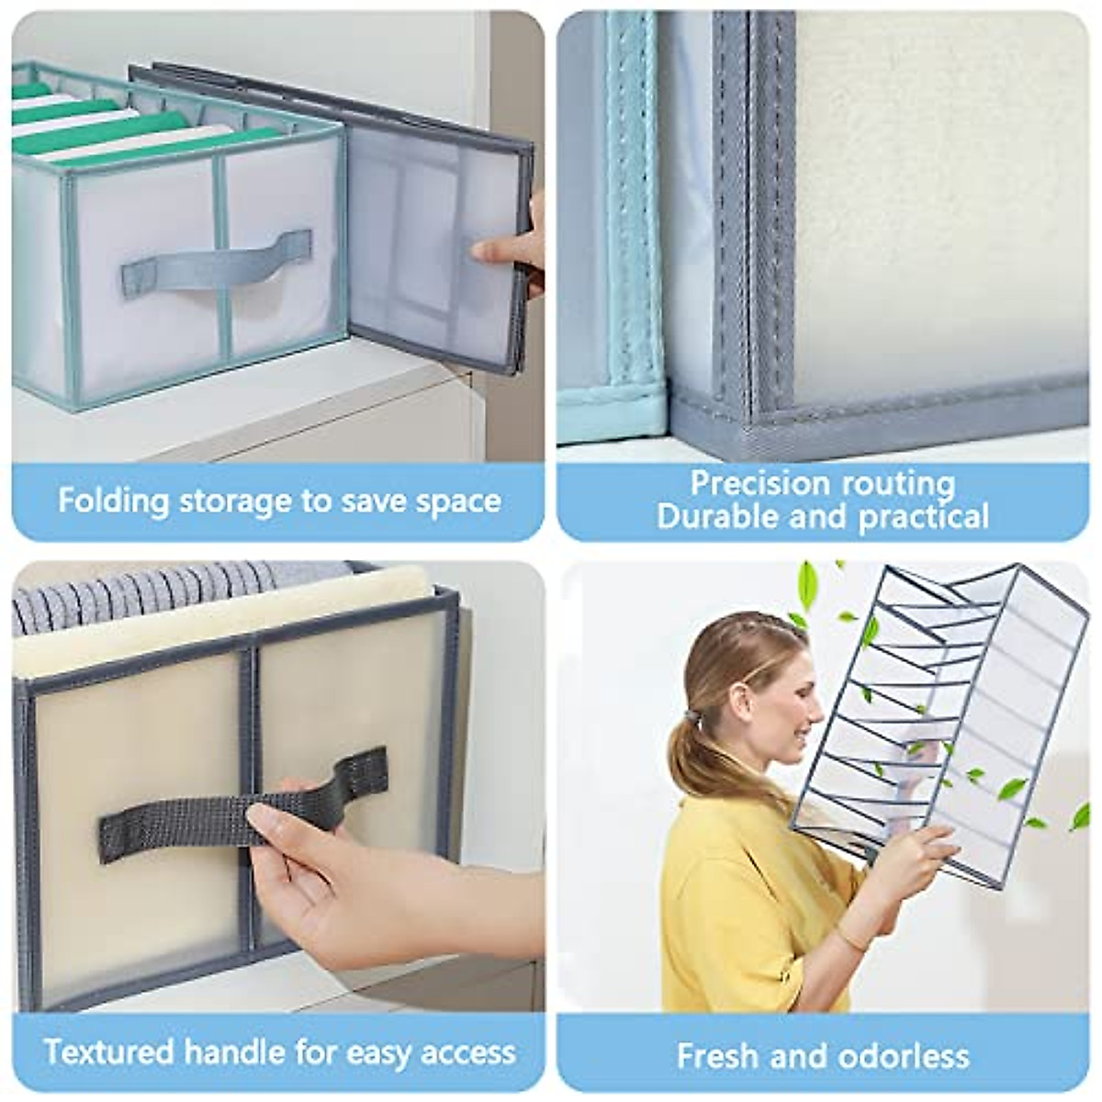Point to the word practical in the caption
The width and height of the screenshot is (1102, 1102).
coord(923,517)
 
